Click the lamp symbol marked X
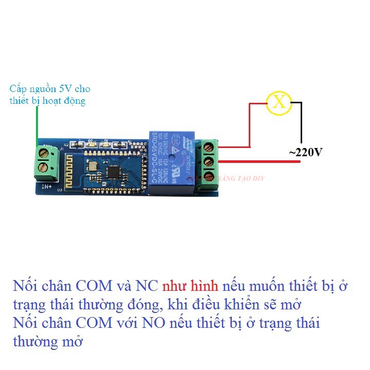point(279,102)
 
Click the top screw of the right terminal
point(209,148)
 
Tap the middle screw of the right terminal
point(209,162)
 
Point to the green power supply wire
point(36,123)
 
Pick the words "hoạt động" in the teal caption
point(64,101)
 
